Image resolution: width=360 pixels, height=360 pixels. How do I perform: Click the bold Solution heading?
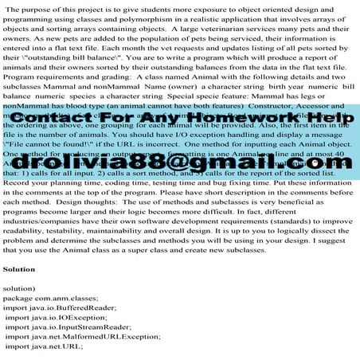click(x=19, y=269)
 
